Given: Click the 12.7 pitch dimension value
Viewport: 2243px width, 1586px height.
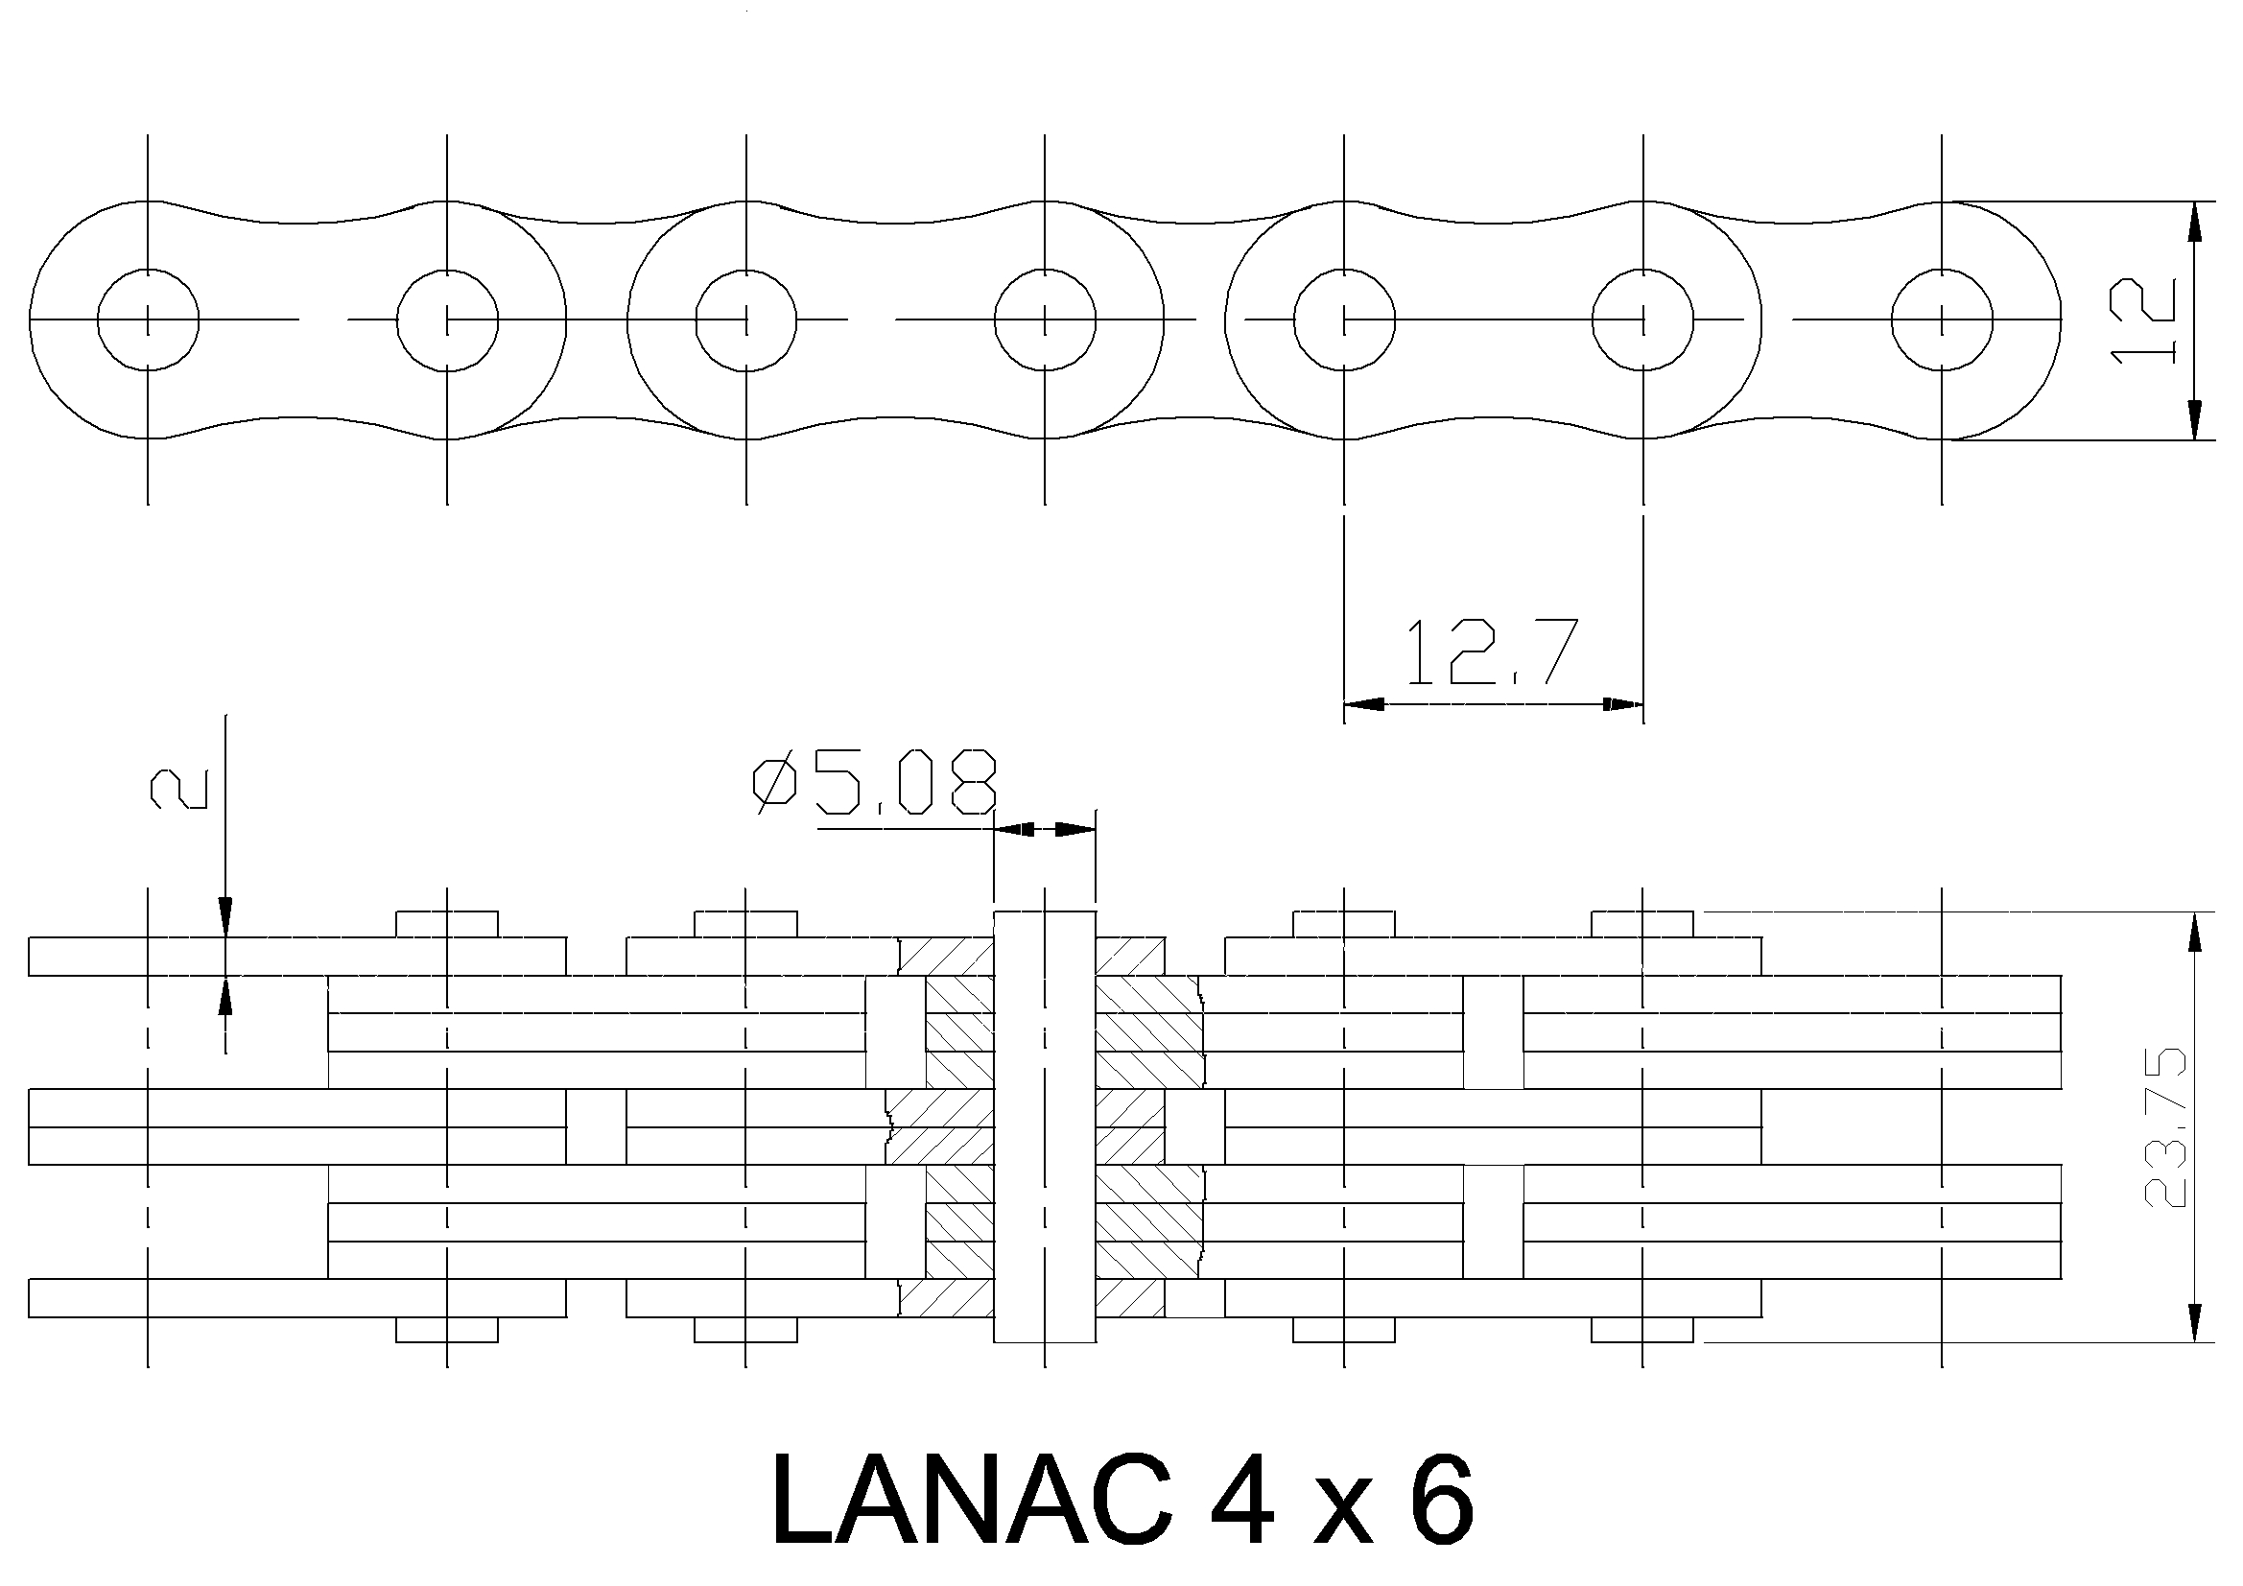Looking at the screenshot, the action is tap(1491, 651).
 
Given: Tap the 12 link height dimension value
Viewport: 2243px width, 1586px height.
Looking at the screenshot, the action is tap(2144, 320).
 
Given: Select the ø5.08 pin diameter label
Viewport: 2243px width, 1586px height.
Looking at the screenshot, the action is tap(874, 783).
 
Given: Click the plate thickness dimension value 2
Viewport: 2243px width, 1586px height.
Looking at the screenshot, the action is tap(177, 789).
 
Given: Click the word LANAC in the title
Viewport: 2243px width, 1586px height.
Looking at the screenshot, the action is tap(972, 1498).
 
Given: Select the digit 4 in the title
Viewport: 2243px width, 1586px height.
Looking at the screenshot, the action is tap(1240, 1498).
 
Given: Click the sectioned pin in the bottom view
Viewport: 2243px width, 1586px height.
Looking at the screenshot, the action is tap(1046, 1126).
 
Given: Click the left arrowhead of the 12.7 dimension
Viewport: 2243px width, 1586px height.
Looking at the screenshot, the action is tap(1364, 703).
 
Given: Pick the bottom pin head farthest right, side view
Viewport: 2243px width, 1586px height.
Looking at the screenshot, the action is tap(1642, 1330).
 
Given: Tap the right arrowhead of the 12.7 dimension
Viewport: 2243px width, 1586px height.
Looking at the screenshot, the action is tap(1622, 703).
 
